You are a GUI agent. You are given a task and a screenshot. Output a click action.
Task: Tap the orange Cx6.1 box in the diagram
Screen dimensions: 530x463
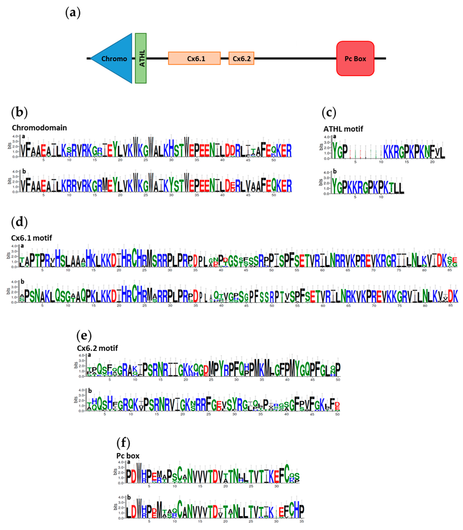click(x=194, y=59)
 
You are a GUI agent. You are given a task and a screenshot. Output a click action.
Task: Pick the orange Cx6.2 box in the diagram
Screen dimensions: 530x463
click(x=241, y=59)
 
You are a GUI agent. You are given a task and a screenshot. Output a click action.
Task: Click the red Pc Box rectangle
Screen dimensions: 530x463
click(x=355, y=59)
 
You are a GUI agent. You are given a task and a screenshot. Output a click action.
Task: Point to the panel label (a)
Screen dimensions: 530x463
click(x=73, y=13)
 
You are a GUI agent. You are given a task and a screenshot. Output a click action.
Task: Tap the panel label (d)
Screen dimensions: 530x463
click(x=19, y=222)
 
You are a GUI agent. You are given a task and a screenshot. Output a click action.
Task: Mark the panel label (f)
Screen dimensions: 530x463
click(x=123, y=443)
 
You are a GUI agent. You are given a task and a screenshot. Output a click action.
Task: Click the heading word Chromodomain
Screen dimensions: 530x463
click(x=39, y=128)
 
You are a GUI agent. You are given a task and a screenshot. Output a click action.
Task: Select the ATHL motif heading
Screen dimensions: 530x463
click(x=343, y=129)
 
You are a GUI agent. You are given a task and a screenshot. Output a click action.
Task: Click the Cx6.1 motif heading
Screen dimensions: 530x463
click(x=31, y=238)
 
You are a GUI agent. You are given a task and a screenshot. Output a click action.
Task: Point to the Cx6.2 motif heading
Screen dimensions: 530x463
click(x=97, y=348)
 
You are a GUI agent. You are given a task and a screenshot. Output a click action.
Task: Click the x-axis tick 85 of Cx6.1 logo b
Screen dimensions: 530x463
click(x=451, y=306)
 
